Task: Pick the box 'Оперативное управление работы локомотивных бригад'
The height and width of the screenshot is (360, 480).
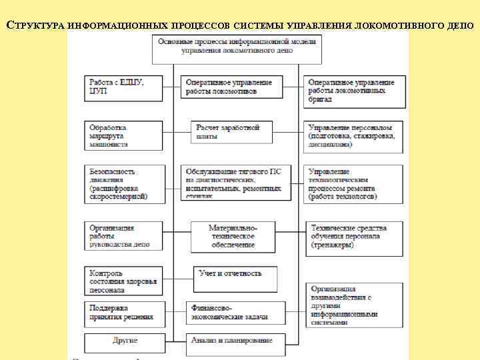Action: click(x=355, y=91)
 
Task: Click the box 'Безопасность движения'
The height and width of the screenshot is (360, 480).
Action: click(x=123, y=183)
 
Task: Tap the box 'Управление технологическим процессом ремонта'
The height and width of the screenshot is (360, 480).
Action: click(x=354, y=183)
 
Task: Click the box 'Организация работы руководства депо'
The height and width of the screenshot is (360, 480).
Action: click(x=123, y=236)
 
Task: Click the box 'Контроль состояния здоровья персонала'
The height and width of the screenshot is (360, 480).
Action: click(x=123, y=281)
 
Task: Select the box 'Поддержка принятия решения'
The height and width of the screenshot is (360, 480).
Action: click(x=123, y=313)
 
